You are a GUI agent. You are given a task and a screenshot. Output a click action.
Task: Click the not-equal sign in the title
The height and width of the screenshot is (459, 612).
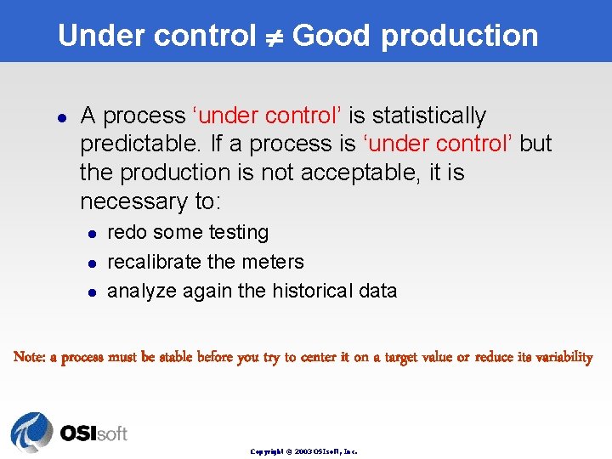274,37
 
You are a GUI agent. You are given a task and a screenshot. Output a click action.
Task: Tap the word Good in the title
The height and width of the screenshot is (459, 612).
331,36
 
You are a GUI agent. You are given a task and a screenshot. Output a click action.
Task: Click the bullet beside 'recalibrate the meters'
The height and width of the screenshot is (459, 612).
91,263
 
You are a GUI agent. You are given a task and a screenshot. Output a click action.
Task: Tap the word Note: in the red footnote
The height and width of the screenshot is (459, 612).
30,357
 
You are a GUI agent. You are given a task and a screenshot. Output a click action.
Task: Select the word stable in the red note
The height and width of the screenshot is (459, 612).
176,357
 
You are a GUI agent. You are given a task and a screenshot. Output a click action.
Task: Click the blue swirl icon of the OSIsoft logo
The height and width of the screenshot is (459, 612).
31,433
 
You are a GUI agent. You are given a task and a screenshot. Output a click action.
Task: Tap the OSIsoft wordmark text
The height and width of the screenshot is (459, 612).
93,433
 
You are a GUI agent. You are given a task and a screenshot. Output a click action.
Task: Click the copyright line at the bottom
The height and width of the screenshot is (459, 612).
303,451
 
